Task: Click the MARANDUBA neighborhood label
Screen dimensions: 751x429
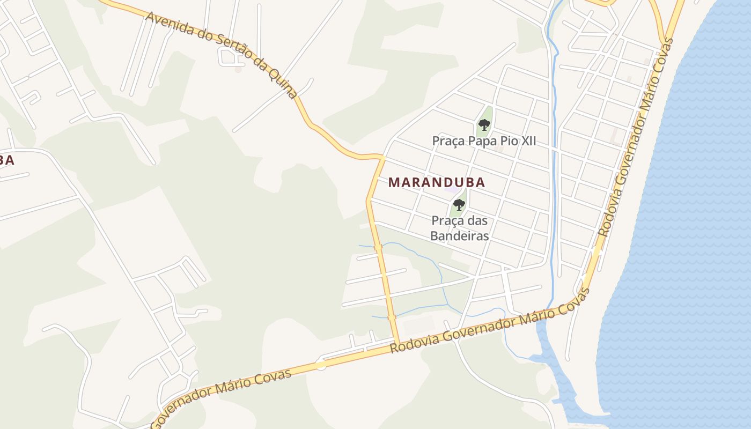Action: [x=437, y=182]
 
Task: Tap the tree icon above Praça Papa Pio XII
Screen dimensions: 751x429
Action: [x=484, y=125]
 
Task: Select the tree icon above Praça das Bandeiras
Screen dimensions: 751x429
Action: [x=459, y=204]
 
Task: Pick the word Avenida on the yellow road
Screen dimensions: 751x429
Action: [x=169, y=24]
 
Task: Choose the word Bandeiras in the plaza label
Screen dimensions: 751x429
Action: [x=460, y=235]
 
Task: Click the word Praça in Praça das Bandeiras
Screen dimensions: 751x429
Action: [x=448, y=220]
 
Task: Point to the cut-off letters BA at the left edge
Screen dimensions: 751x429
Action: [x=6, y=160]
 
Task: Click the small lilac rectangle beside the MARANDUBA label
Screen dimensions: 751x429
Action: [x=453, y=190]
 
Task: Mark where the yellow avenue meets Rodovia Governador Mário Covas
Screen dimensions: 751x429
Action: [x=397, y=343]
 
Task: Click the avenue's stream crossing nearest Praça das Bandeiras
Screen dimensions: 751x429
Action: [x=378, y=247]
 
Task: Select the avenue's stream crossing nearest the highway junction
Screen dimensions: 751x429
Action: [x=392, y=317]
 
